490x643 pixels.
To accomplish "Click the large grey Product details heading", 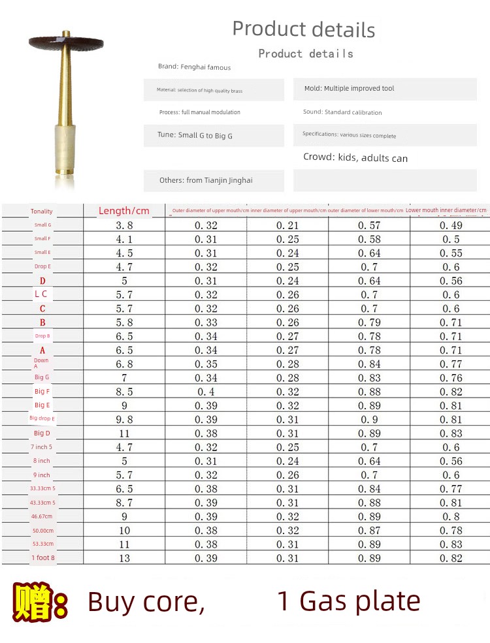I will point(304,29).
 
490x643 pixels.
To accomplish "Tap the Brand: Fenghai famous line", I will point(194,67).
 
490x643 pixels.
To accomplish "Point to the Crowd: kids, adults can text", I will point(355,158).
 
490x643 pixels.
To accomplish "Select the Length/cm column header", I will point(124,211).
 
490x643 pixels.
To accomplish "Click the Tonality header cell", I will point(42,212).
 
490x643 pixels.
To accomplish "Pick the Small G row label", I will point(42,225).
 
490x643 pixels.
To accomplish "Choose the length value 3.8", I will point(124,225).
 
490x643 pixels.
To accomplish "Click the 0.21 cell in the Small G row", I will point(287,225).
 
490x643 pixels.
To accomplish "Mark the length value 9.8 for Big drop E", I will point(124,420).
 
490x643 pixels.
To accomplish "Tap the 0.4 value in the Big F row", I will point(206,392).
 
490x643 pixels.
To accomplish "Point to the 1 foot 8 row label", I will point(43,557).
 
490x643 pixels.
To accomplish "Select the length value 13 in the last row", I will point(124,558).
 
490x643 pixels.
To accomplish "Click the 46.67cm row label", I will point(42,516).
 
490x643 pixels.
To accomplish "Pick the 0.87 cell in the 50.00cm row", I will point(369,531).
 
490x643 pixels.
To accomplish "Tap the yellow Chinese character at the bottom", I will point(32,602).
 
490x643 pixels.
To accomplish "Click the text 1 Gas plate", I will point(349,601).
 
